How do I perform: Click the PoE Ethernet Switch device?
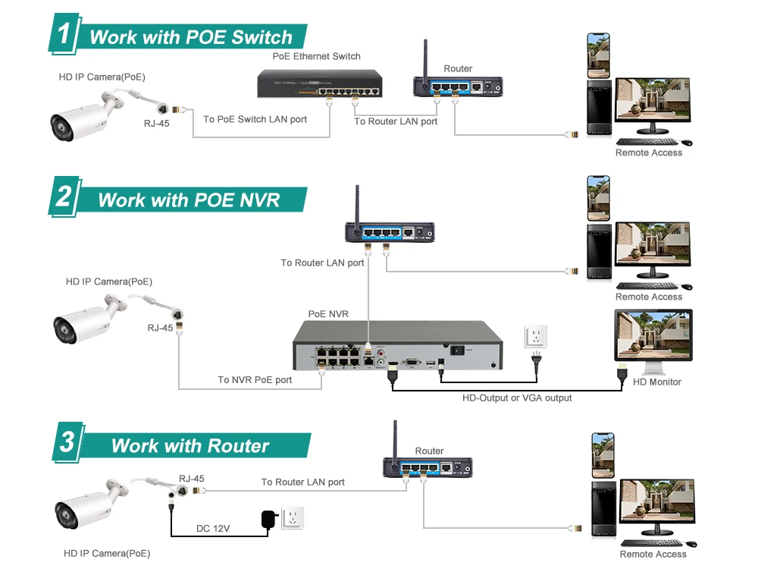click(318, 82)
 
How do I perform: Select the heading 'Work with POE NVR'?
click(189, 200)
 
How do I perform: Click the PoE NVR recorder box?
click(398, 345)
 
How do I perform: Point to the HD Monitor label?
click(656, 382)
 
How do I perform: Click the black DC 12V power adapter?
click(267, 520)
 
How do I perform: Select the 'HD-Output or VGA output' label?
click(517, 398)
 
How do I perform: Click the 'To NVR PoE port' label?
click(255, 380)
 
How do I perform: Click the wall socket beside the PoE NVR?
click(535, 336)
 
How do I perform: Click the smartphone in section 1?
click(599, 54)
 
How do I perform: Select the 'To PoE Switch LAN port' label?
click(255, 120)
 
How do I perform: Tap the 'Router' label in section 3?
click(429, 451)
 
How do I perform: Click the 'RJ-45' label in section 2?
click(160, 329)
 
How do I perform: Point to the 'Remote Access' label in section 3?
click(653, 555)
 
